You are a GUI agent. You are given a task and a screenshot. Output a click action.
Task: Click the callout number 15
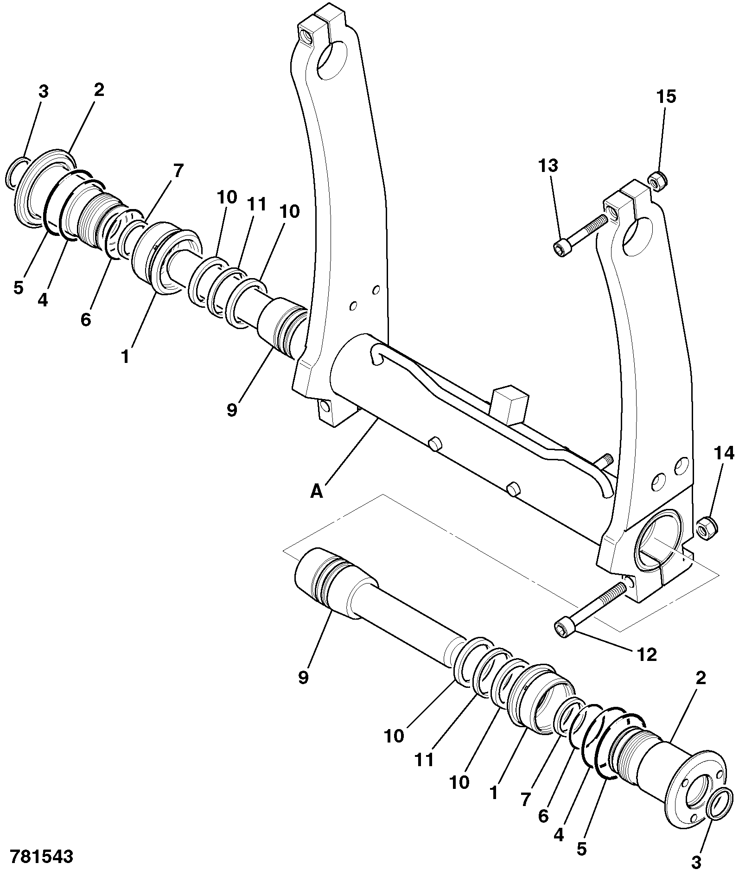pyautogui.click(x=666, y=97)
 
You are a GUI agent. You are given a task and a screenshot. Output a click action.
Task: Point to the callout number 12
pyautogui.click(x=647, y=654)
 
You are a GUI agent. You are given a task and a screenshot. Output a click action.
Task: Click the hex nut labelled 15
pyautogui.click(x=656, y=181)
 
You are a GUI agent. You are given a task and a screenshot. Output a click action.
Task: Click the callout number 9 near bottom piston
pyautogui.click(x=303, y=678)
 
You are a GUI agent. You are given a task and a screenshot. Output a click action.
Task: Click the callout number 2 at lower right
pyautogui.click(x=701, y=678)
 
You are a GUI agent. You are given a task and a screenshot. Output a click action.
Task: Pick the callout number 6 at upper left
pyautogui.click(x=86, y=319)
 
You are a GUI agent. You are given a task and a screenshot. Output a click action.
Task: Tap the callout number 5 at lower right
pyautogui.click(x=581, y=849)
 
